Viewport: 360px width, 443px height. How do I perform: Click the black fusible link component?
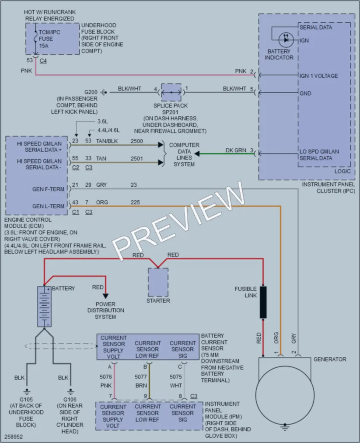click(263, 302)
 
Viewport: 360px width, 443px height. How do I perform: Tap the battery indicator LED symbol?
click(286, 40)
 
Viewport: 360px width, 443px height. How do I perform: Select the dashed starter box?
click(158, 282)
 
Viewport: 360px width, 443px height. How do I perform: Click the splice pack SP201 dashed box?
click(171, 92)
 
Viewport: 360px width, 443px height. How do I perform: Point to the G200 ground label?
click(91, 92)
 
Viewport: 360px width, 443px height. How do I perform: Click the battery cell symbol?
click(44, 307)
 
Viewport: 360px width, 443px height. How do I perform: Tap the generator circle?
click(285, 395)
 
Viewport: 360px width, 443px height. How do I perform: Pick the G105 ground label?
click(26, 400)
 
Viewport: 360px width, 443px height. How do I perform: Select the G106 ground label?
click(70, 400)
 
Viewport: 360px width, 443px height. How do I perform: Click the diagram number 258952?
click(13, 436)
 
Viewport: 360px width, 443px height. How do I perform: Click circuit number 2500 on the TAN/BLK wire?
click(137, 141)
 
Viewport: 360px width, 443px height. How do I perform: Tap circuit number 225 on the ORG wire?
click(135, 202)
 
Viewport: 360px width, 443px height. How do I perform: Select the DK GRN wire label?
click(236, 150)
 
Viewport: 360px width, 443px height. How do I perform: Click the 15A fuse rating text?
click(43, 45)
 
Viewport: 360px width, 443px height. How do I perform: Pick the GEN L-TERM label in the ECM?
click(48, 206)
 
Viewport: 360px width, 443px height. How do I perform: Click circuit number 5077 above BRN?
click(141, 377)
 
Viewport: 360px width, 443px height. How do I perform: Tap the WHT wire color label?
click(176, 386)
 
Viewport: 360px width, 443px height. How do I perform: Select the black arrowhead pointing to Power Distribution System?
click(105, 296)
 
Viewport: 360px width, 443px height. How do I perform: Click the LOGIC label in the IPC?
click(343, 171)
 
